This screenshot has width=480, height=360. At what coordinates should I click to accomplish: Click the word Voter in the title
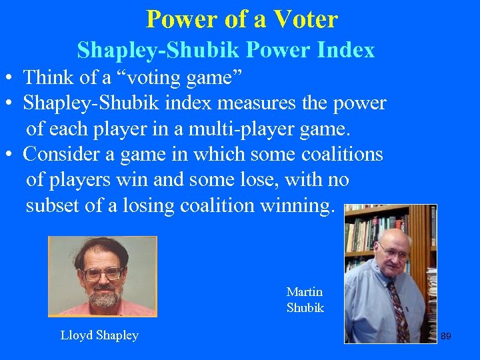coord(306,19)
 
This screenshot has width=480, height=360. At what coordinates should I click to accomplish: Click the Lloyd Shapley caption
coord(99,335)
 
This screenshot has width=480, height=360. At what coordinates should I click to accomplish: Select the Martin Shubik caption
coord(305,300)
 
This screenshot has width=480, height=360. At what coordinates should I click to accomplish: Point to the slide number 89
coord(446,336)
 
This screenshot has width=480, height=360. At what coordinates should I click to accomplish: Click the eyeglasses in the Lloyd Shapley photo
coord(104,273)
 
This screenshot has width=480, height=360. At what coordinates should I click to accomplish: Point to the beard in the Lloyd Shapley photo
coord(103,296)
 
